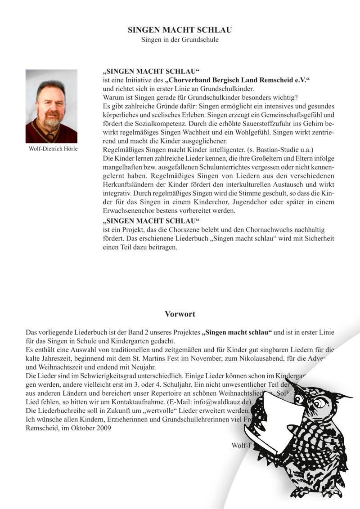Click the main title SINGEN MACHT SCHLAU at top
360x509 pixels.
[x=180, y=30]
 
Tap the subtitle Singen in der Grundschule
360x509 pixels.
[x=180, y=40]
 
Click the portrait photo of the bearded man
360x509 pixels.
[x=51, y=106]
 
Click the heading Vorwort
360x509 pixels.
[x=180, y=314]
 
